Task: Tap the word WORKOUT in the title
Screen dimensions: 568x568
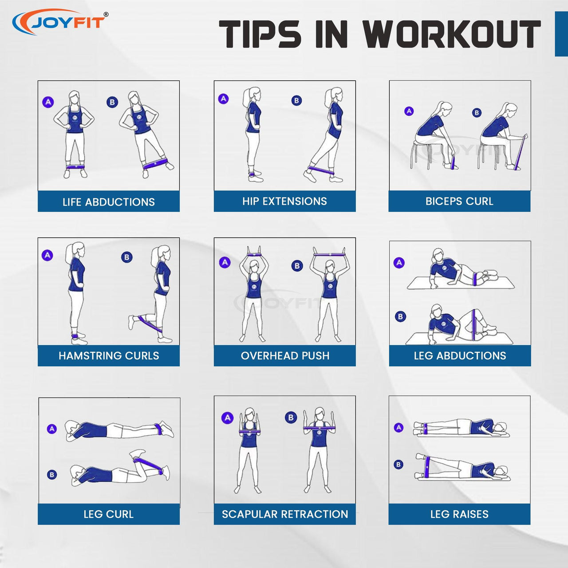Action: tap(451, 34)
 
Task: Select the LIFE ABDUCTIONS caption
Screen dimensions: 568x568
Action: tap(108, 202)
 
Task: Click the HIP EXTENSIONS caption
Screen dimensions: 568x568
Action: tap(284, 201)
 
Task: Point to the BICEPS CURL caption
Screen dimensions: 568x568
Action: tap(459, 201)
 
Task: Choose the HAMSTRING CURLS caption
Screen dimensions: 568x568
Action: tap(109, 355)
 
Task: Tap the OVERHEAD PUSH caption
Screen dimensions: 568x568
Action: tap(285, 355)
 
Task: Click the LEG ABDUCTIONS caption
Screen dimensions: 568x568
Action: tap(460, 355)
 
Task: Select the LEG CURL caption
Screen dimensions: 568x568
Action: tap(108, 514)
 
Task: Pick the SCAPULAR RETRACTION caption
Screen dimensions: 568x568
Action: tap(285, 514)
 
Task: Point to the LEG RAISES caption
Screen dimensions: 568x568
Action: tap(459, 514)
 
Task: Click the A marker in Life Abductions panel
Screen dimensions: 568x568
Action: tap(48, 102)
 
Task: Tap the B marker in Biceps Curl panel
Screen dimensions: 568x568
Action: tap(477, 112)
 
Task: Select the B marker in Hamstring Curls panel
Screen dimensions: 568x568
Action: tap(127, 257)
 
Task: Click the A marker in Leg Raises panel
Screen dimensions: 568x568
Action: tap(398, 427)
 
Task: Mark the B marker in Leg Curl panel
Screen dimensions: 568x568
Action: tap(52, 474)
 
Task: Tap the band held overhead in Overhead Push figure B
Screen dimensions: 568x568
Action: tap(329, 254)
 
